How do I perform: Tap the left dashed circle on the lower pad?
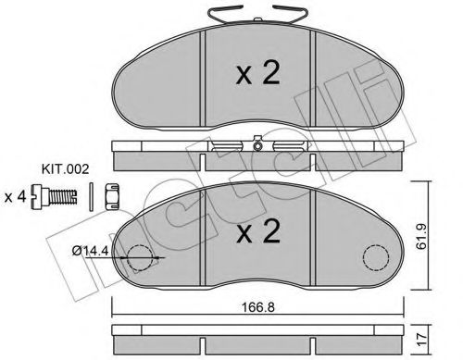[x=136, y=258]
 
